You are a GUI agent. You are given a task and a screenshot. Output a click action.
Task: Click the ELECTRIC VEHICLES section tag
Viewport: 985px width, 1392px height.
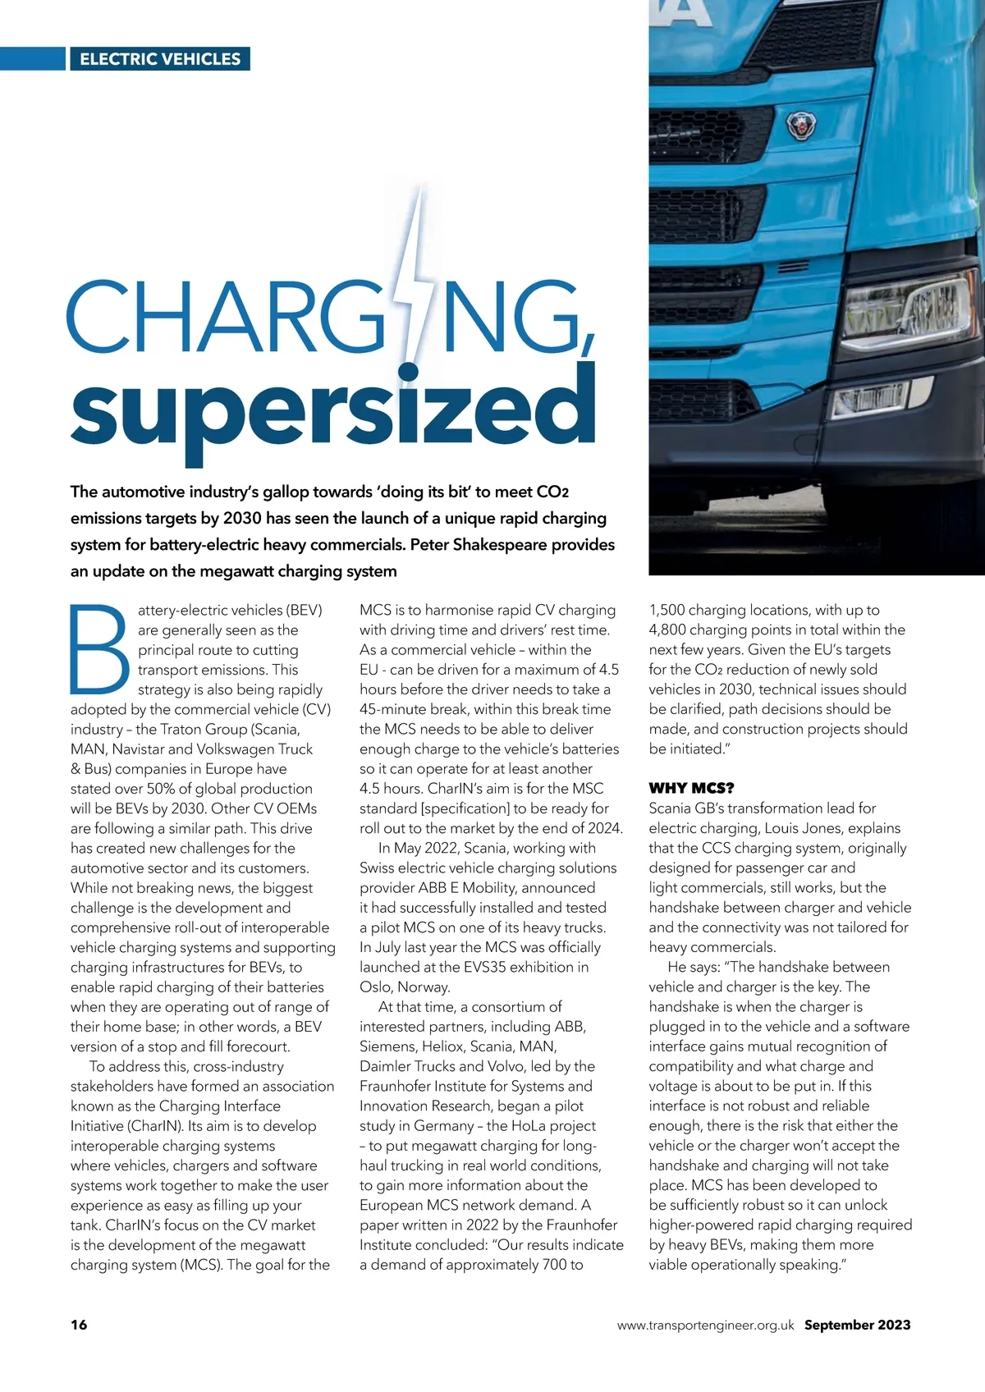pos(160,59)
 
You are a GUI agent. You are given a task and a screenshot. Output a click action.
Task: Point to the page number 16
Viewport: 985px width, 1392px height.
pos(79,1325)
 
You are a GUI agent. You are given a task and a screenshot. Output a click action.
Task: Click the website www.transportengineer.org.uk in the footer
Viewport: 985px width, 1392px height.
pos(705,1325)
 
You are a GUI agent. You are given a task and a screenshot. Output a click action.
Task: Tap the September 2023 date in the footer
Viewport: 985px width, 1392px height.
pos(857,1325)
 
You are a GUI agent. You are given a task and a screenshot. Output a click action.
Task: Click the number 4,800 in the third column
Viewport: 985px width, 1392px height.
pos(668,630)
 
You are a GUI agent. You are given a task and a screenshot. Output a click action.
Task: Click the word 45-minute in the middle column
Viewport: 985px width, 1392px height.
pos(394,709)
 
